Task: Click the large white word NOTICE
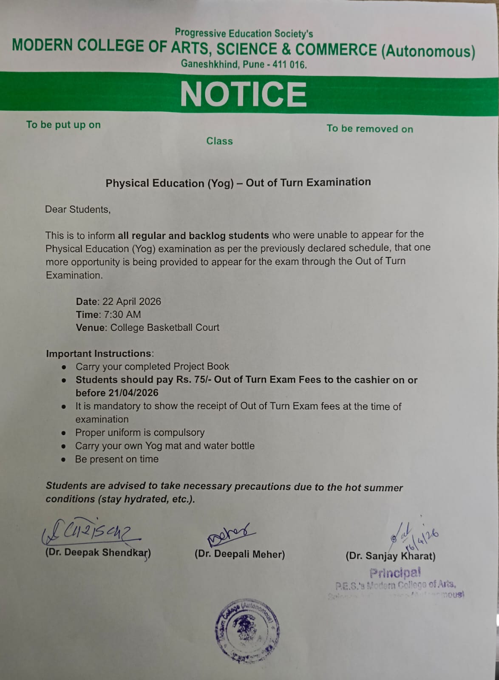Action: click(x=243, y=94)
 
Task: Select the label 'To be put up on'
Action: click(x=63, y=125)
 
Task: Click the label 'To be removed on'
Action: click(x=369, y=128)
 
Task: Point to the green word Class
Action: click(x=219, y=141)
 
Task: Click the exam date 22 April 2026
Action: click(x=132, y=301)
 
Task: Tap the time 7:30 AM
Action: click(x=122, y=314)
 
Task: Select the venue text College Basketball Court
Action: click(x=165, y=328)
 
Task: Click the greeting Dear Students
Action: click(x=78, y=210)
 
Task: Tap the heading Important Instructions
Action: click(x=99, y=354)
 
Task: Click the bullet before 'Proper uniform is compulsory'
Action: click(x=63, y=433)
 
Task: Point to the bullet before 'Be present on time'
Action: click(x=63, y=460)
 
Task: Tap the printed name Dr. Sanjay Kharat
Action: click(x=391, y=556)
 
